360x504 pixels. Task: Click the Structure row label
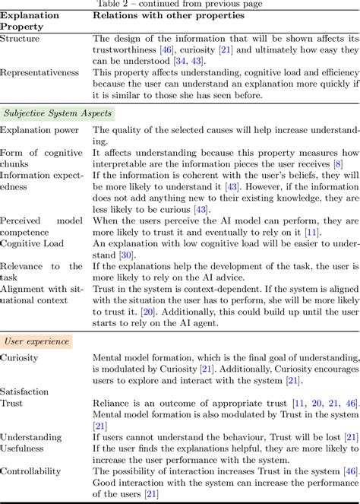pyautogui.click(x=21, y=37)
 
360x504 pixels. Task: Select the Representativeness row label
pyautogui.click(x=40, y=72)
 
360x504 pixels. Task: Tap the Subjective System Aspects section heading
pyautogui.click(x=58, y=113)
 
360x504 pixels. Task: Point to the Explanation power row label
pyautogui.click(x=39, y=130)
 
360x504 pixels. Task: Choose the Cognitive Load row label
pyautogui.click(x=34, y=242)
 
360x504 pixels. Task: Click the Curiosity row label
pyautogui.click(x=19, y=357)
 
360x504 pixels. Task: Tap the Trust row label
pyautogui.click(x=13, y=402)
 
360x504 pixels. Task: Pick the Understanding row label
pyautogui.click(x=31, y=436)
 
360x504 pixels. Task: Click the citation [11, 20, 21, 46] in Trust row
pyautogui.click(x=328, y=402)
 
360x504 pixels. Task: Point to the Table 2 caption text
pyautogui.click(x=180, y=3)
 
